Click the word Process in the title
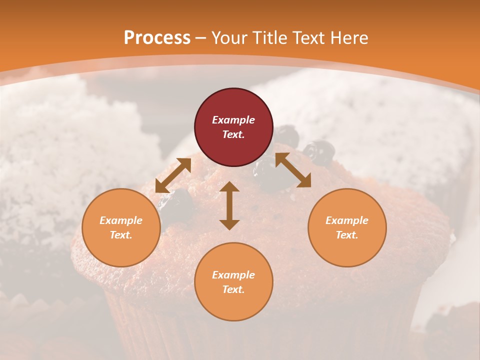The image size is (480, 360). [x=157, y=38]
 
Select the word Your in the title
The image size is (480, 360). [x=229, y=38]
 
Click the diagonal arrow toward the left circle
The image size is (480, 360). [x=173, y=175]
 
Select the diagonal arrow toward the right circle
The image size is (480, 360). [x=293, y=170]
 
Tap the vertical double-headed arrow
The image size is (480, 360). [x=229, y=205]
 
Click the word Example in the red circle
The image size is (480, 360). [x=233, y=120]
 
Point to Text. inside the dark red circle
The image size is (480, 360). [x=233, y=134]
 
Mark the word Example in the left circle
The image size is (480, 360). [x=121, y=220]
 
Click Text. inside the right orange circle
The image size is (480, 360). [x=347, y=235]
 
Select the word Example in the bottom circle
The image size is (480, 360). [x=233, y=275]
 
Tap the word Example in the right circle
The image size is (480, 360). [x=347, y=220]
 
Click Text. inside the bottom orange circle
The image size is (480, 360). [x=233, y=289]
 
